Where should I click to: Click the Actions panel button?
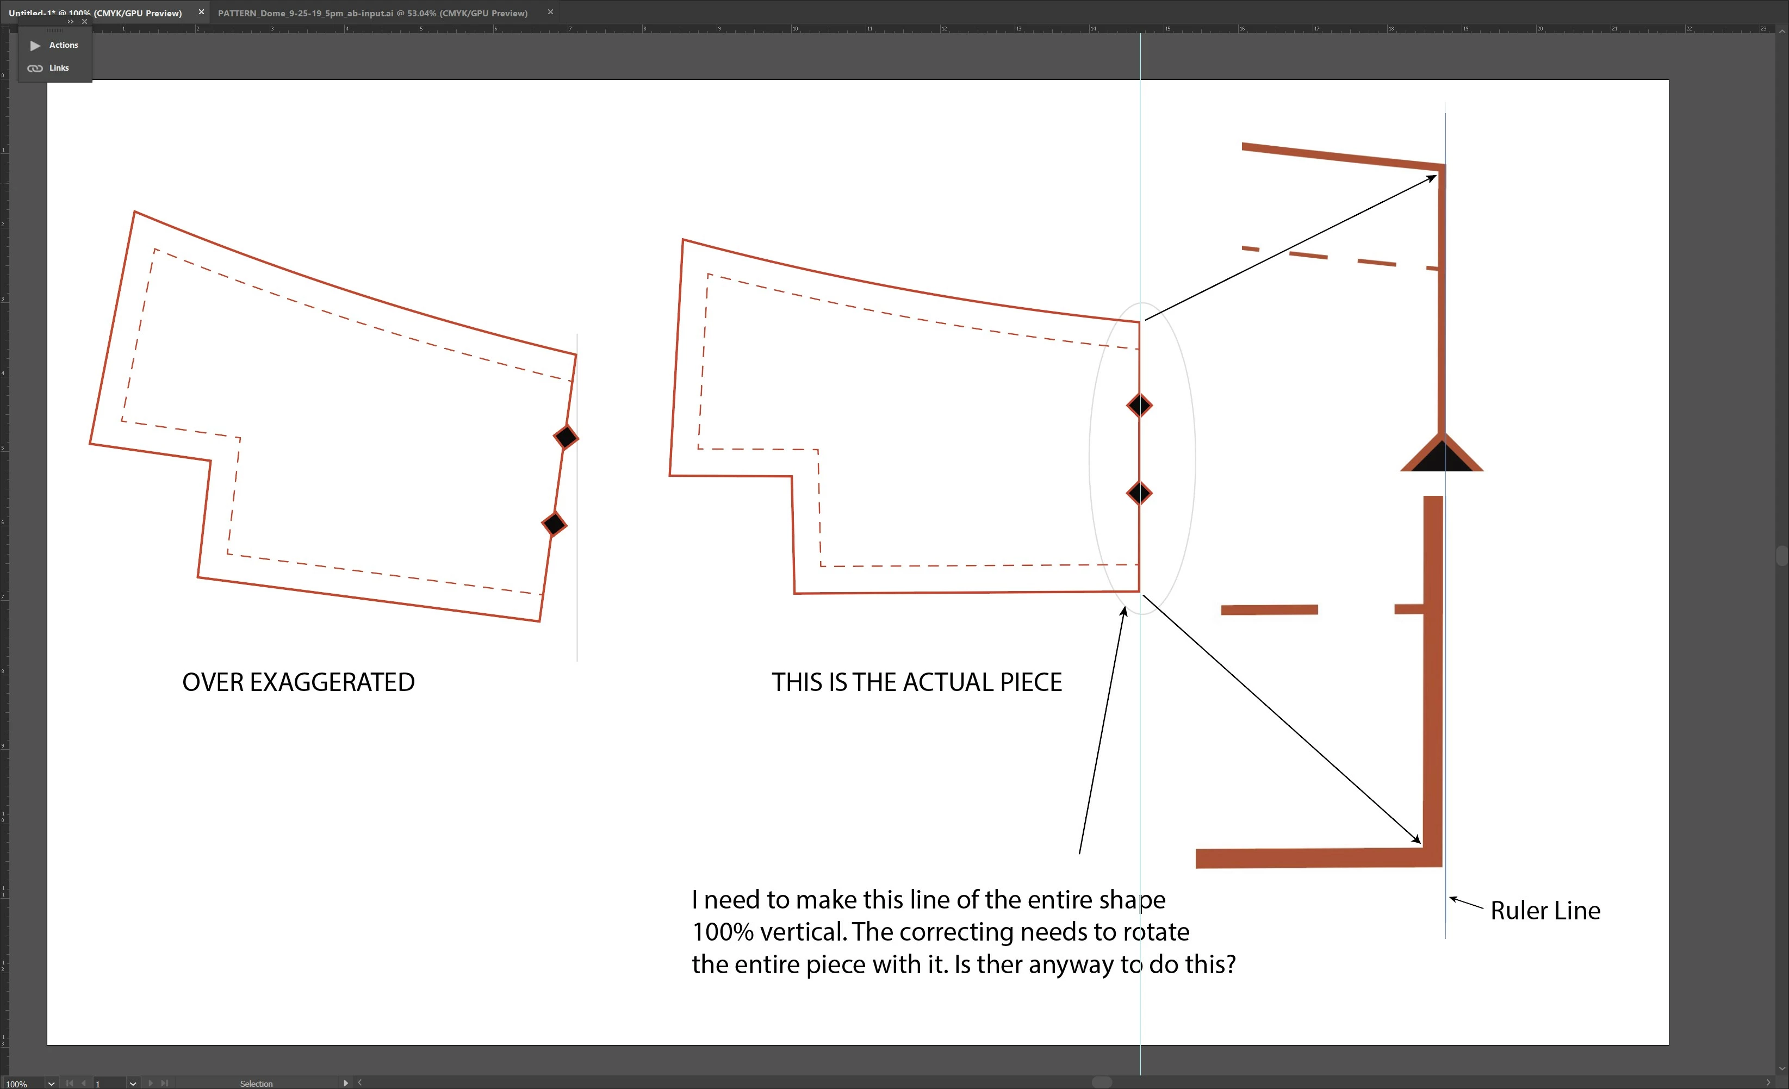coord(54,45)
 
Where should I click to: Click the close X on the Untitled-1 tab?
coord(202,13)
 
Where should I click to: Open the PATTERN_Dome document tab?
coord(372,13)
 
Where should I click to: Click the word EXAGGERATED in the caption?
coord(333,682)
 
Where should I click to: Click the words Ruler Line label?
coord(1545,911)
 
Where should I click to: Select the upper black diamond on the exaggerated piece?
coord(566,438)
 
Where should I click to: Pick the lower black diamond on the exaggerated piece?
coord(555,524)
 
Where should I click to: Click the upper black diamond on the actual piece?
coord(1139,406)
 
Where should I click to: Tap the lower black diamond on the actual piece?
coord(1139,494)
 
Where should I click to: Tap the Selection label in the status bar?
coord(256,1083)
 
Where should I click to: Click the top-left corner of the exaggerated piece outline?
coord(134,212)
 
